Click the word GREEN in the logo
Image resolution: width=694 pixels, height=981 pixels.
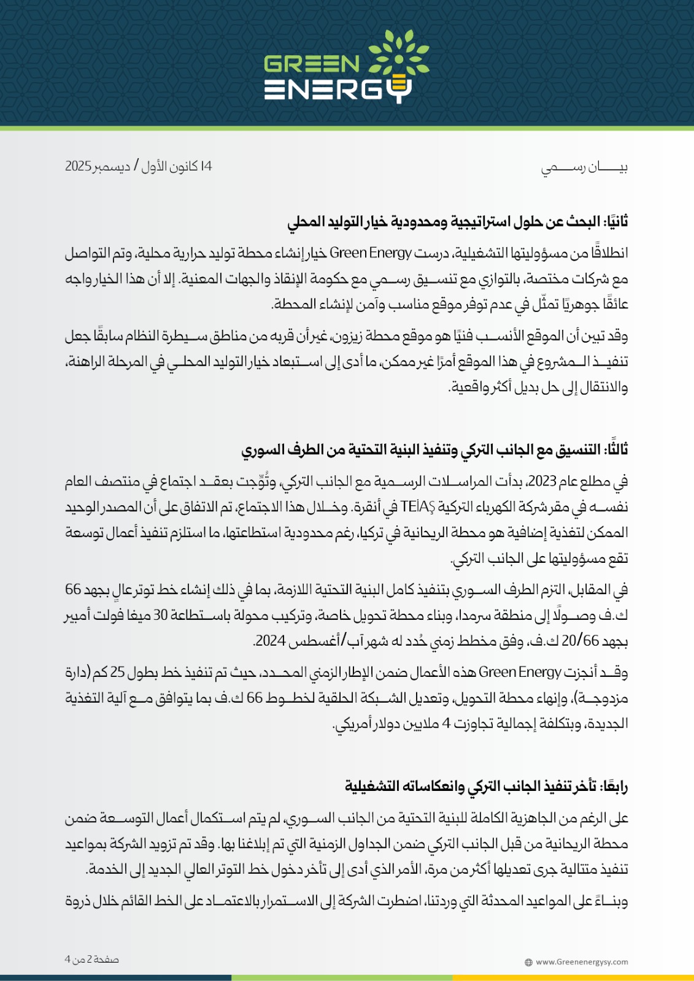[x=312, y=64]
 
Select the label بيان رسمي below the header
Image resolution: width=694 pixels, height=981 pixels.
[x=584, y=167]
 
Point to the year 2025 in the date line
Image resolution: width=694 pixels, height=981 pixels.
[x=79, y=166]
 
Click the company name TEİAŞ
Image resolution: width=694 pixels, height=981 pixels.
[x=417, y=507]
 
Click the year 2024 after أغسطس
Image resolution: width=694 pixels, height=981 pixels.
[x=271, y=641]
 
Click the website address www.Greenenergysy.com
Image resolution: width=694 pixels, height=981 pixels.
[x=582, y=962]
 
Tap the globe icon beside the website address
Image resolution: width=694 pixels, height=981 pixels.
[x=529, y=963]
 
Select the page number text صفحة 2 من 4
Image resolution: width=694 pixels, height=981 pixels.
[x=92, y=960]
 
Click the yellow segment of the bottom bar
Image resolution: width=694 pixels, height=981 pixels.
[x=573, y=977]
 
